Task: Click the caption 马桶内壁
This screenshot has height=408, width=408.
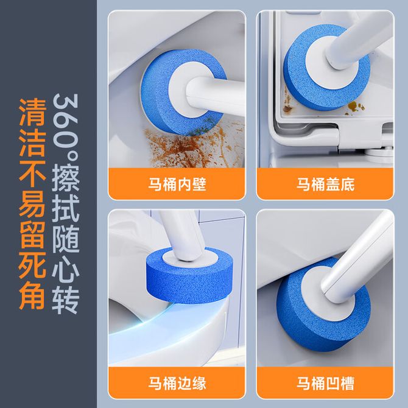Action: point(177,185)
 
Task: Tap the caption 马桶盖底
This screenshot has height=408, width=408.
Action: point(325,185)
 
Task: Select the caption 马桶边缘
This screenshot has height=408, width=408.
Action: point(177,383)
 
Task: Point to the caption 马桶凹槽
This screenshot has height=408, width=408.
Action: point(325,383)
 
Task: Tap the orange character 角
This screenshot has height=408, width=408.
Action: point(32,295)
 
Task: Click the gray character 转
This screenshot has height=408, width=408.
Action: point(66,300)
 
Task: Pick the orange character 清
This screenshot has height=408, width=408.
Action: point(32,112)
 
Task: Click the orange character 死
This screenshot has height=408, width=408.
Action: point(32,265)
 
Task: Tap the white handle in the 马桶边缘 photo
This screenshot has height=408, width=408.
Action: point(182,234)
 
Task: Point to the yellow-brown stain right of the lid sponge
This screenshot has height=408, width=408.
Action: point(354,107)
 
